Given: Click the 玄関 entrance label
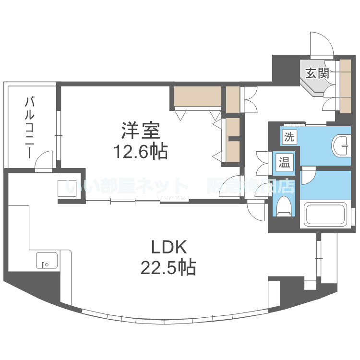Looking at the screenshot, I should (317, 73).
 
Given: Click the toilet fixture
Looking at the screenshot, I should (284, 205).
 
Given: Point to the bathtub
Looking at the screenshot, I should (325, 214).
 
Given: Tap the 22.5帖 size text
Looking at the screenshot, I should (168, 267).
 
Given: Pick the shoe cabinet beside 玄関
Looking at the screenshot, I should (345, 86).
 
